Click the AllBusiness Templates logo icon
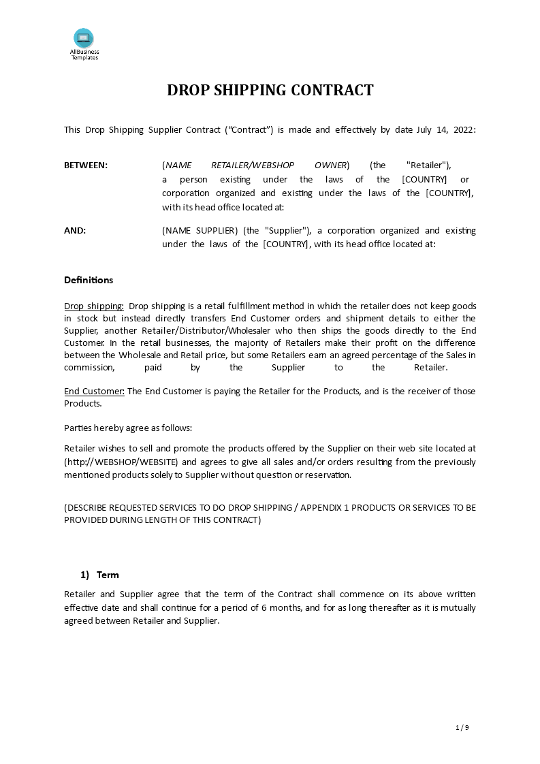coord(84,38)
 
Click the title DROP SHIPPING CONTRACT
coord(270,91)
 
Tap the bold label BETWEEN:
coord(86,165)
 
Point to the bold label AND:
coord(75,230)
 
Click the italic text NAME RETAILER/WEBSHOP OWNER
coord(255,165)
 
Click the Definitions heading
coord(89,280)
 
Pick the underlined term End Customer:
coord(94,391)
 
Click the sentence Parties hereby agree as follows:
coord(128,428)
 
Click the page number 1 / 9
coord(462,727)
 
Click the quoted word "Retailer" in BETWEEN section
coord(428,165)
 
